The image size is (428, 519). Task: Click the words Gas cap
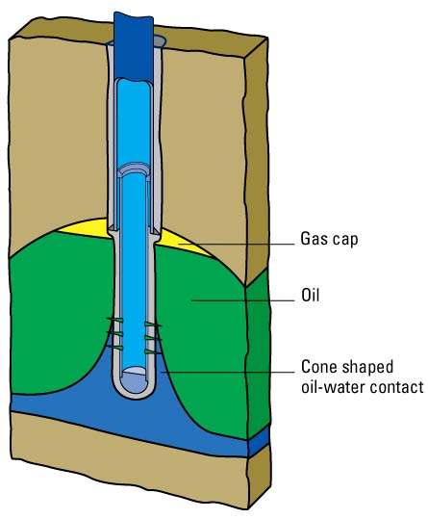coord(329,239)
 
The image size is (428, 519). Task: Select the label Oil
coord(311,295)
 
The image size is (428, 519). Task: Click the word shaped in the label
coord(367,368)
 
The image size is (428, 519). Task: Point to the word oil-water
coord(333,387)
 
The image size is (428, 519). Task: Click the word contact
coord(396,387)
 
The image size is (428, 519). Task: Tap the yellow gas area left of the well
coord(86,228)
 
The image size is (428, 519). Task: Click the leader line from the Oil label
coord(242,300)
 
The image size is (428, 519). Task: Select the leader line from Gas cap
coord(236,245)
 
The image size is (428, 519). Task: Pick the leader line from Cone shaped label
coord(227,372)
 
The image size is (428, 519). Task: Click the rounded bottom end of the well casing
coord(134,391)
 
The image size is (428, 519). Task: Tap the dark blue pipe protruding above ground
coord(134,46)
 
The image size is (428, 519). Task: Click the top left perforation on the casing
coord(114,320)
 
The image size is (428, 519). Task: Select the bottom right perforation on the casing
coord(153,351)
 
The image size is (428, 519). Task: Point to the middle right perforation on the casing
coord(153,338)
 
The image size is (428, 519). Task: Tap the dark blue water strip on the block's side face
coord(259,440)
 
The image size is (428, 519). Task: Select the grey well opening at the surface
coord(160,41)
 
